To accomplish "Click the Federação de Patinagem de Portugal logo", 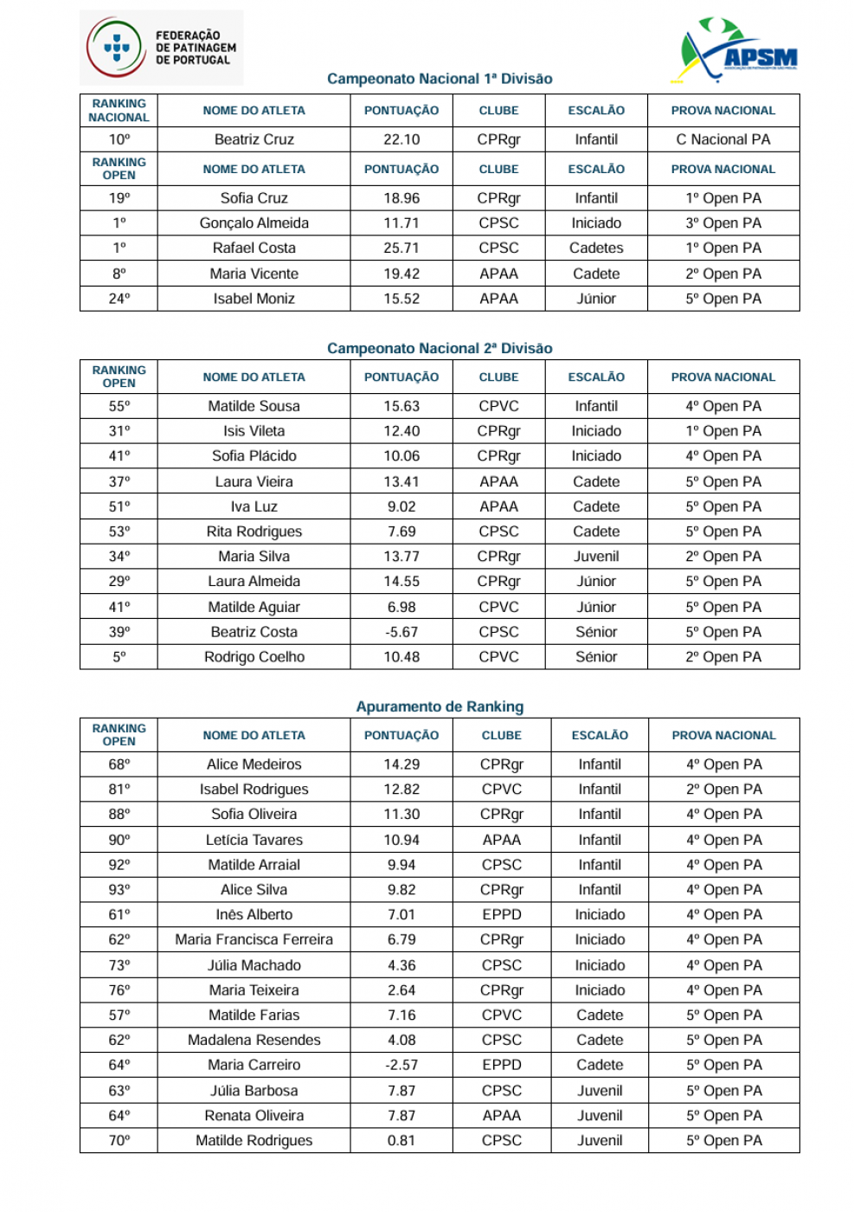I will [162, 48].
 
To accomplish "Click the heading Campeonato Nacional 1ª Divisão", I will [440, 79].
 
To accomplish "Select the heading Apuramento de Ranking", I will [440, 706].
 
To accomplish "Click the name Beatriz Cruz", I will [254, 139].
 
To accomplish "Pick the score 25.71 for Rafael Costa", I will [401, 248].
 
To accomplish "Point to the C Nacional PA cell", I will [723, 139].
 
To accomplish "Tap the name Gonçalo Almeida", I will [254, 222].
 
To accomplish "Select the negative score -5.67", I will [401, 632].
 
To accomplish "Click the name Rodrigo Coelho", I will [254, 657].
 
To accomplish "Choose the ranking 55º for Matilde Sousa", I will [119, 406].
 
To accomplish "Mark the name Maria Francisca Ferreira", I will [254, 939].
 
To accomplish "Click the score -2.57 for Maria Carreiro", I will [401, 1065].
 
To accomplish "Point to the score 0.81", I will [401, 1140].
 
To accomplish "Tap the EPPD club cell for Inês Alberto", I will [502, 914].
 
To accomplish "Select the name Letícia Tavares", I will [254, 840].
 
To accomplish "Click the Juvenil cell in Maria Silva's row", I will [596, 557].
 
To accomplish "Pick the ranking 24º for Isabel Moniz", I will [119, 299].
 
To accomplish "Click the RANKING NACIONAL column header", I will [119, 111].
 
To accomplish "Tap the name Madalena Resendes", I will [254, 1040].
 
